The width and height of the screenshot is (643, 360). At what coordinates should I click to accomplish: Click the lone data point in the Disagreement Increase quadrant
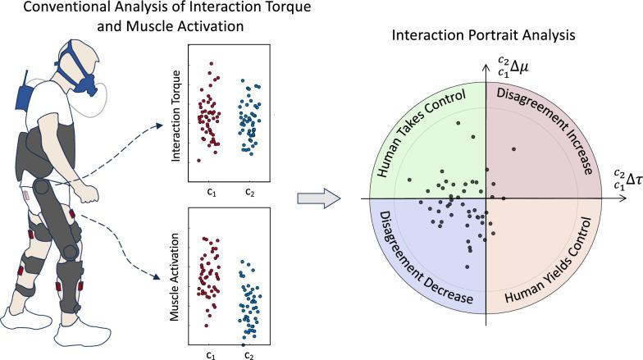(513, 148)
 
